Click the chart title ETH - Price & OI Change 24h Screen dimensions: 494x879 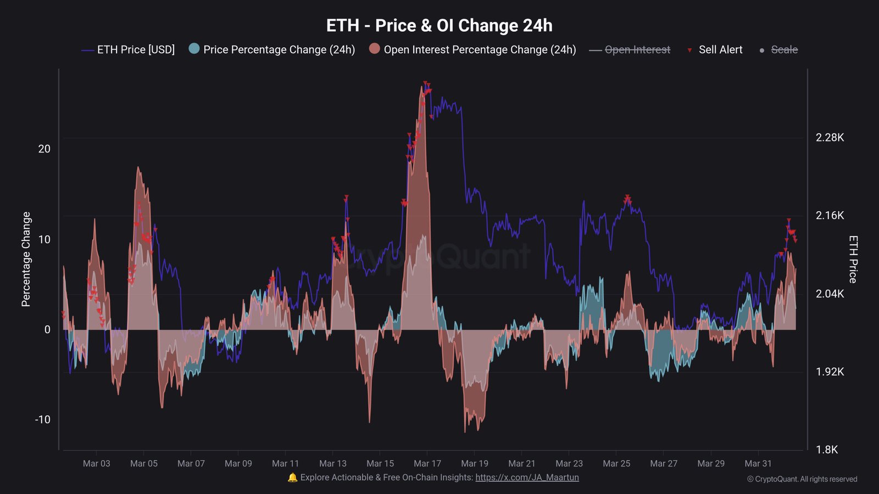[x=439, y=25]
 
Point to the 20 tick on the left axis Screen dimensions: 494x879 [x=44, y=149]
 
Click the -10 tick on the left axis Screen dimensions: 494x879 [x=42, y=419]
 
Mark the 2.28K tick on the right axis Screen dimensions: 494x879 [x=830, y=137]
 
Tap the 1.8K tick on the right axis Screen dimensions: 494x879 [x=827, y=450]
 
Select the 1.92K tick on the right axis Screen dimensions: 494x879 [x=830, y=372]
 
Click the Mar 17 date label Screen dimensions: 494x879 [x=427, y=463]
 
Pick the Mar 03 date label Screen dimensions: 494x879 [x=97, y=463]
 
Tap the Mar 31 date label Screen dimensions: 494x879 [x=758, y=463]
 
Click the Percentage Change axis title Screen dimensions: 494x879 [x=26, y=259]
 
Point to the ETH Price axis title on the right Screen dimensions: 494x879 [x=853, y=259]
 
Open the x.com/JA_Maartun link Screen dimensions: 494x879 [x=527, y=478]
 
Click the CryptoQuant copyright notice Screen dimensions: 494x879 [x=802, y=479]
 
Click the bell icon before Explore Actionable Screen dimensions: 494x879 [x=292, y=478]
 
